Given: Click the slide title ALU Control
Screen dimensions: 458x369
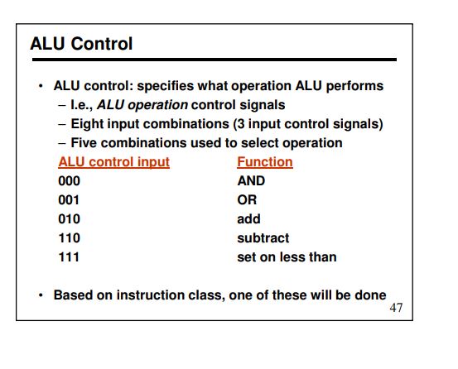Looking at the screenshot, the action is point(81,44).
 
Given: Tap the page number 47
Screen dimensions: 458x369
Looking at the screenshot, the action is point(396,308).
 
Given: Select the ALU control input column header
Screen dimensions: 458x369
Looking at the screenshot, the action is point(114,162).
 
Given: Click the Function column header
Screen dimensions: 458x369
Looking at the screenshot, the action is point(265,162).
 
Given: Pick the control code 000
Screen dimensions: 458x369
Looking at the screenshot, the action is point(70,181).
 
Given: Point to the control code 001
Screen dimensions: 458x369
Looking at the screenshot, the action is point(69,200).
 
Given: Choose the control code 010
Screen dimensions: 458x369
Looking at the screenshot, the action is point(70,219).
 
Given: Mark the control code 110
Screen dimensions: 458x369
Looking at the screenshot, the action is point(70,238).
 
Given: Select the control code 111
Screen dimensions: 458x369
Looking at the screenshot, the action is point(70,257).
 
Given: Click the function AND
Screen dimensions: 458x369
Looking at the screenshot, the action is point(251,181).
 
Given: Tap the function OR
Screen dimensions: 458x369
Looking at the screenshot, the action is point(247,200).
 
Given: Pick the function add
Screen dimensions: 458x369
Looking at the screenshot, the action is point(248,219).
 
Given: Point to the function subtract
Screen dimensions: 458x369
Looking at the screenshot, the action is point(263,238).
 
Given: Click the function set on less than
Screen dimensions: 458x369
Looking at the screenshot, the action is point(287,257).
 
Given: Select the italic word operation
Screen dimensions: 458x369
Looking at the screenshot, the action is point(158,105).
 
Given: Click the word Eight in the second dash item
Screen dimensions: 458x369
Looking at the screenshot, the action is point(88,124).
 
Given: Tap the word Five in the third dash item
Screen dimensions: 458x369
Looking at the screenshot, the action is point(84,143).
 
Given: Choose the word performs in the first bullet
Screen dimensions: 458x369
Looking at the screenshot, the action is point(354,86).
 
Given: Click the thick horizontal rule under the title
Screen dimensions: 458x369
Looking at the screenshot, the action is point(215,60).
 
